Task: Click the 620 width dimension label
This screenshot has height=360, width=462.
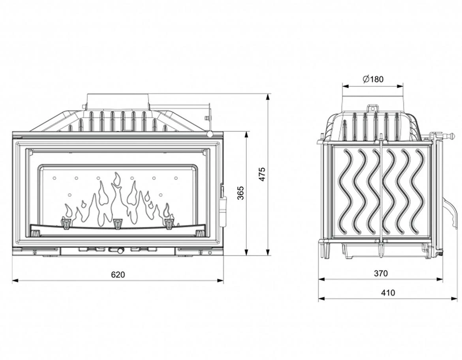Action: [118, 274]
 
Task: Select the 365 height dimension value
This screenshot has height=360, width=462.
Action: [240, 193]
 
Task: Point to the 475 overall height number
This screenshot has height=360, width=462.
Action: [262, 174]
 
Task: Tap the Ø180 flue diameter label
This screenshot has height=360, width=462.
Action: [372, 79]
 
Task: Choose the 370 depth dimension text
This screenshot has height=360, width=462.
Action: [381, 273]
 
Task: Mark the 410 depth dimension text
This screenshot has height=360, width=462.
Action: [388, 292]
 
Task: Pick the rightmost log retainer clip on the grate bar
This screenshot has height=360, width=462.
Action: [169, 224]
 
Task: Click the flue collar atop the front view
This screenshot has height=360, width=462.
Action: [118, 101]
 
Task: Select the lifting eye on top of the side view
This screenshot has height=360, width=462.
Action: [372, 109]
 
